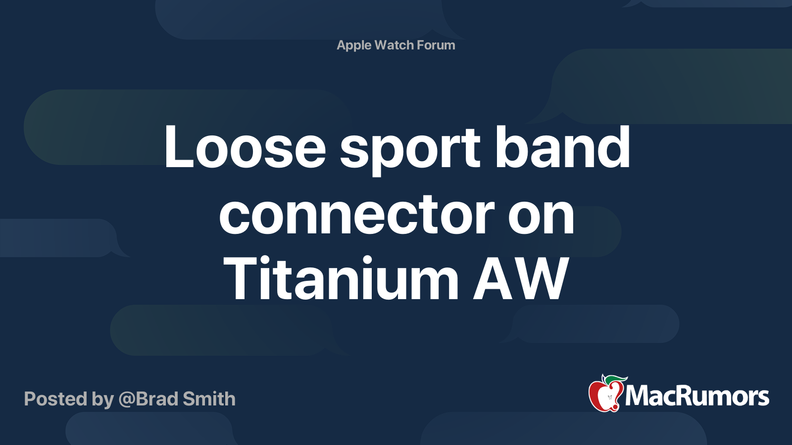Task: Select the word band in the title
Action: coord(562,146)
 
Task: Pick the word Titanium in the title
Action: coord(341,279)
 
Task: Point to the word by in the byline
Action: coord(103,400)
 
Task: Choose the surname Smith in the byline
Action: coord(209,399)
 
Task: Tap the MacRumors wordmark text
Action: coord(697,397)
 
